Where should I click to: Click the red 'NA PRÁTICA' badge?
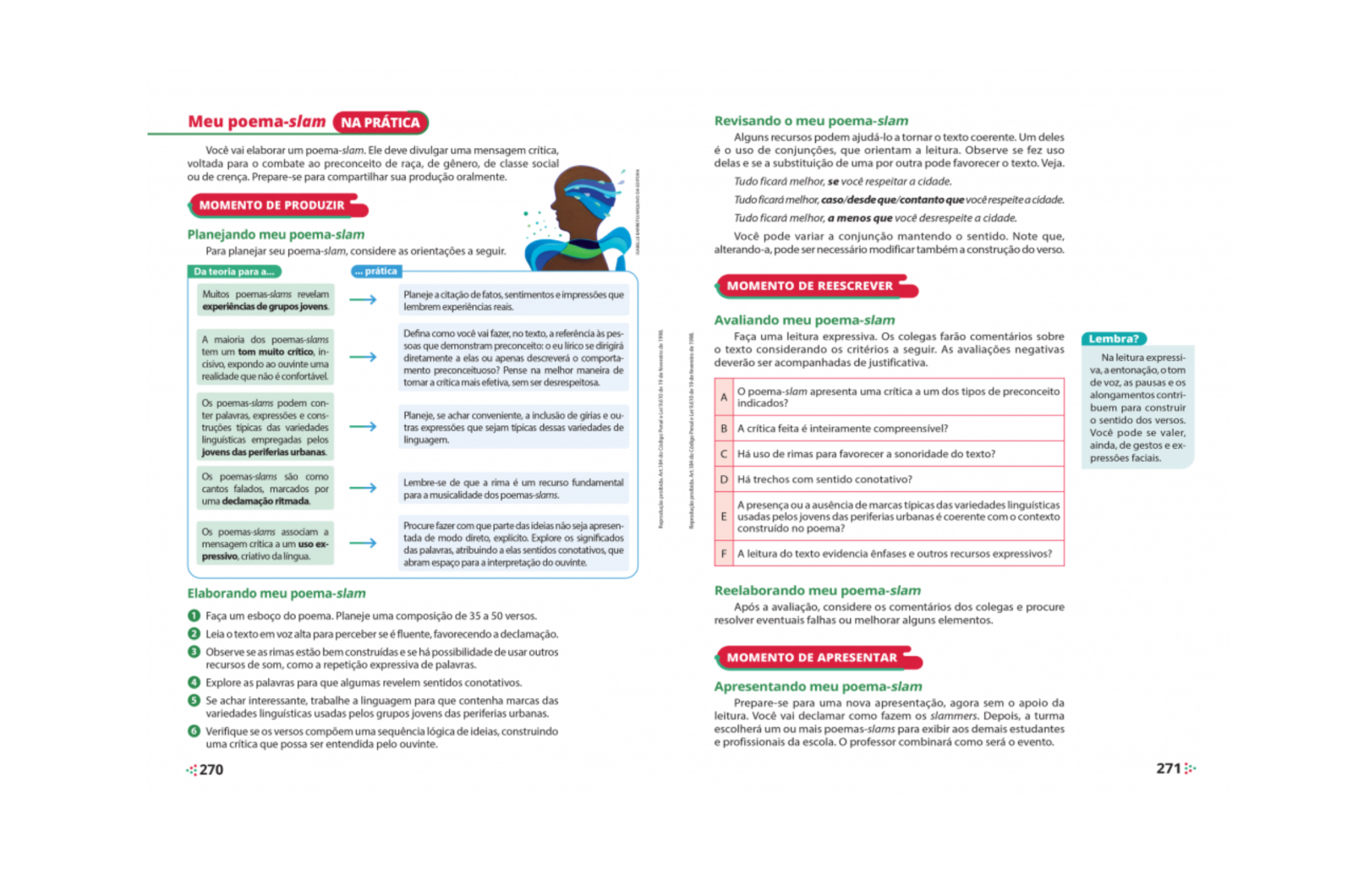pos(381,123)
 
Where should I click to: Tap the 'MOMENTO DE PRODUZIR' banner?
pos(272,205)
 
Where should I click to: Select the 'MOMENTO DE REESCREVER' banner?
pos(810,286)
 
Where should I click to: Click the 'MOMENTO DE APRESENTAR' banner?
pos(812,658)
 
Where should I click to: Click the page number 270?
pos(211,769)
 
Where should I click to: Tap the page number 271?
pos(1169,768)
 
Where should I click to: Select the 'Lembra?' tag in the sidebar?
pos(1114,339)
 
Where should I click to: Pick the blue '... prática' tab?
pos(376,271)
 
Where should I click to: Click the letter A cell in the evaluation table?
pos(724,397)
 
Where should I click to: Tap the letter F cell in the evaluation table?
pos(724,554)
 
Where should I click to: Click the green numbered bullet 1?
pos(194,615)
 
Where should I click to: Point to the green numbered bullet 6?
pos(194,731)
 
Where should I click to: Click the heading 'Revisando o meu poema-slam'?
pos(811,121)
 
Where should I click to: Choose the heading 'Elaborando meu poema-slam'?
pos(277,593)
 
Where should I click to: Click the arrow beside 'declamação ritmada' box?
pos(363,488)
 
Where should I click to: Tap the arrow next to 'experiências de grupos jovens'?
pos(363,299)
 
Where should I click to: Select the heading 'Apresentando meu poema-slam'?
pos(818,686)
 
